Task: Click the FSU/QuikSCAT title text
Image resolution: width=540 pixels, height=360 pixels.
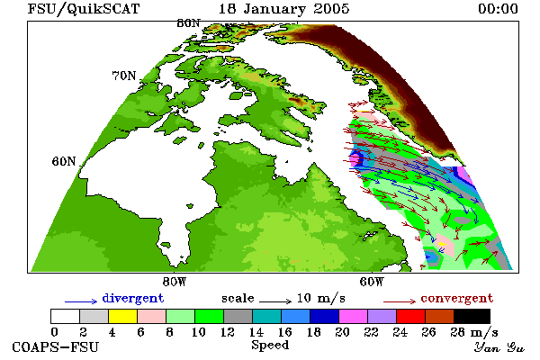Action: [x=84, y=9]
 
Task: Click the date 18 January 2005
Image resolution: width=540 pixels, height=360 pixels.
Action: [x=284, y=9]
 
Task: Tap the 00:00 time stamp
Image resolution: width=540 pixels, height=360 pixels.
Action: [x=498, y=9]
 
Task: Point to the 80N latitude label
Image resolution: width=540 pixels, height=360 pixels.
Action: [x=188, y=23]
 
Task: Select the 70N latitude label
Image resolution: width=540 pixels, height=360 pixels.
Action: [x=124, y=76]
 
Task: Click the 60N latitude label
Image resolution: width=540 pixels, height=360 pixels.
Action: [x=64, y=161]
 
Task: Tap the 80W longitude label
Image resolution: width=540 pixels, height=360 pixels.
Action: [x=175, y=282]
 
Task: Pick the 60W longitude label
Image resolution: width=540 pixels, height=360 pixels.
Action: [x=372, y=282]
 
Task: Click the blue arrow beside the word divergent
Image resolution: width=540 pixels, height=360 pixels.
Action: [x=81, y=301]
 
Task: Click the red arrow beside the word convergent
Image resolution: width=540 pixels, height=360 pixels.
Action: [x=400, y=301]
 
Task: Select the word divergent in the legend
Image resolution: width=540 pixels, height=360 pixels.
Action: [x=133, y=298]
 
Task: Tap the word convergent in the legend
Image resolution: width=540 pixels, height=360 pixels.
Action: [x=457, y=298]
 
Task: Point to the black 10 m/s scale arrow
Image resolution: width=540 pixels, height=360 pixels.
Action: [x=275, y=301]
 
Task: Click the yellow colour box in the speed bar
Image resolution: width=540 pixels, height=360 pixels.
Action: [x=123, y=316]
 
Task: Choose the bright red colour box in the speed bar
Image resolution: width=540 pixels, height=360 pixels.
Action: [x=410, y=316]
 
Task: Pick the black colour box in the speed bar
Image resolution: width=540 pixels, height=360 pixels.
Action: [x=472, y=316]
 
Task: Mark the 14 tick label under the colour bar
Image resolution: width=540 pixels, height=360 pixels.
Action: [x=256, y=332]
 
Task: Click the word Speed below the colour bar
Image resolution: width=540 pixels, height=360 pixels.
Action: [x=270, y=346]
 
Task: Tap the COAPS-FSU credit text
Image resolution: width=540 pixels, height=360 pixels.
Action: [x=56, y=347]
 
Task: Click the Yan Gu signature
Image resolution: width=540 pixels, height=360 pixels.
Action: [x=499, y=347]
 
